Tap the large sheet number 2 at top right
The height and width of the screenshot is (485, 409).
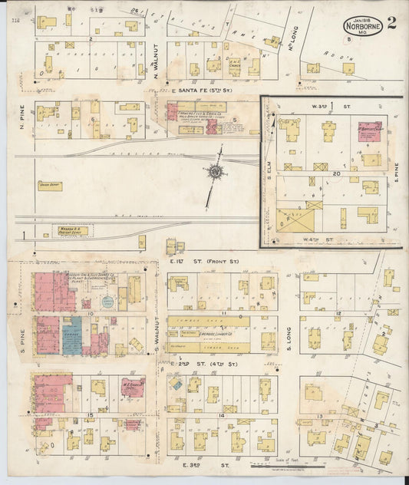(391, 22)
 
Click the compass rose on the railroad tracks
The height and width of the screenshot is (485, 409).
(216, 172)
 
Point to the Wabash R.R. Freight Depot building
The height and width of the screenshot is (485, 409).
(70, 230)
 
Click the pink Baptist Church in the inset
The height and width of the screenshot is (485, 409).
(370, 129)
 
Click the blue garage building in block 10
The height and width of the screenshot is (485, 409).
(71, 336)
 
